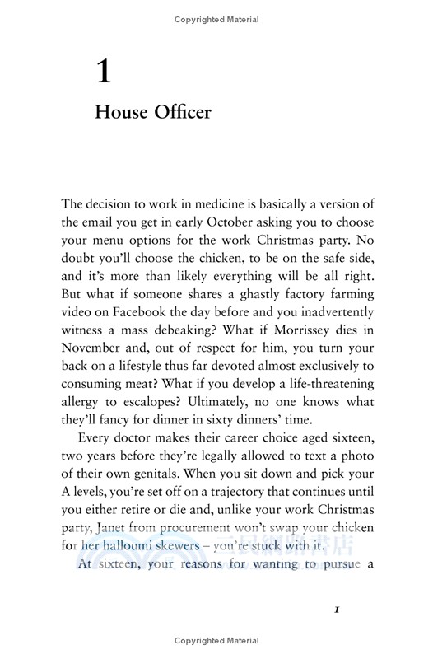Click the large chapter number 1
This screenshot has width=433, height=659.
(103, 72)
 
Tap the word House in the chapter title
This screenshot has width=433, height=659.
(121, 112)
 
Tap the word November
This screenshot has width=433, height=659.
(95, 348)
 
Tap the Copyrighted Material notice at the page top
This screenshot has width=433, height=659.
(216, 19)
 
